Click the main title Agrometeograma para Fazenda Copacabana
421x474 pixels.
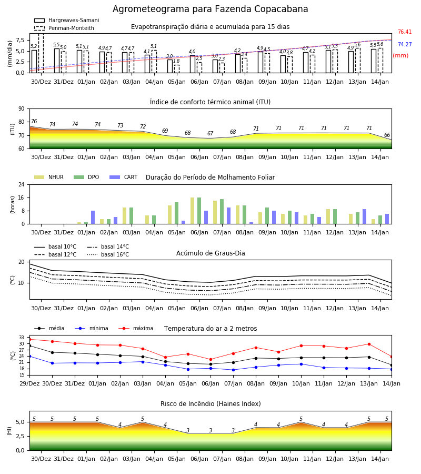[x=210, y=9]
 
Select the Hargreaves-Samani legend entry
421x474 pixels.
[x=66, y=20]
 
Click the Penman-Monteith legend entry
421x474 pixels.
[x=64, y=28]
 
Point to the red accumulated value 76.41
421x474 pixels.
[x=405, y=32]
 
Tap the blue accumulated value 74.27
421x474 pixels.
[x=405, y=44]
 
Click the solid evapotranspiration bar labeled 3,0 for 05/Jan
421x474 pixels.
[x=170, y=66]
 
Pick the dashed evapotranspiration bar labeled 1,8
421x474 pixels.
[x=177, y=69]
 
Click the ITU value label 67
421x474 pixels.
[x=210, y=133]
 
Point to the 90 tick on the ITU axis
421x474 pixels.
[x=22, y=109]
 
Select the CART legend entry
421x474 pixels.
[x=124, y=177]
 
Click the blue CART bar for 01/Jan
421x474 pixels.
[x=93, y=218]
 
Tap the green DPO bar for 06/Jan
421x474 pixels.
[x=199, y=211]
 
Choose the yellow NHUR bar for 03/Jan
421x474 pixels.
[x=124, y=216]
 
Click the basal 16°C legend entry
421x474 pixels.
[x=108, y=254]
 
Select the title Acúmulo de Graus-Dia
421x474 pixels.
[x=210, y=253]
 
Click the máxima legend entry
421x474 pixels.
[x=136, y=328]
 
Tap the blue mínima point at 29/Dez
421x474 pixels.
[x=29, y=357]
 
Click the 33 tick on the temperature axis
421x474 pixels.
[x=22, y=338]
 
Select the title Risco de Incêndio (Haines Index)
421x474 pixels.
[x=210, y=404]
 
